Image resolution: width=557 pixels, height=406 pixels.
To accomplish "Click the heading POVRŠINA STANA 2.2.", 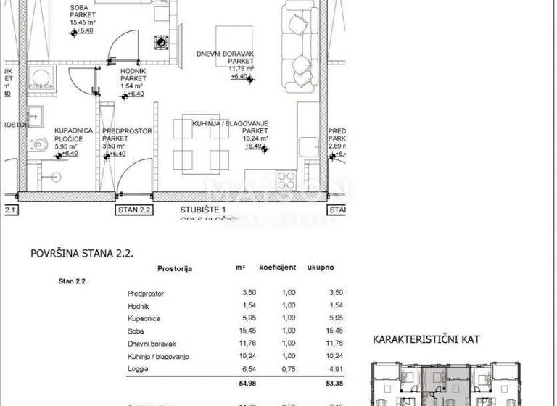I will pyautogui.click(x=82, y=254).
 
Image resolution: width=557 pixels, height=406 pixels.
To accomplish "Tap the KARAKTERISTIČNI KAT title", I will pyautogui.click(x=426, y=339).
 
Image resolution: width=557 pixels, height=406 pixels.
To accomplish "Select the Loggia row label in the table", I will pyautogui.click(x=138, y=368).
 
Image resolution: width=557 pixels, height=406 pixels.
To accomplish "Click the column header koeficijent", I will pyautogui.click(x=278, y=268).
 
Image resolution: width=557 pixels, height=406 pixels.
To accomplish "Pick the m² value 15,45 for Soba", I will pyautogui.click(x=239, y=331).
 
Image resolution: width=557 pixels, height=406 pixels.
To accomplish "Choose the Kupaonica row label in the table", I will pyautogui.click(x=143, y=318).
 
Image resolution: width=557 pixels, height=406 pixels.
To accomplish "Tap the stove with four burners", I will pyautogui.click(x=286, y=180).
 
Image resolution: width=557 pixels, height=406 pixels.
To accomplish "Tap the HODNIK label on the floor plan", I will pyautogui.click(x=132, y=71).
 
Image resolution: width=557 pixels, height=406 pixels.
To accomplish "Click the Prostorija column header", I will pyautogui.click(x=175, y=268).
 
